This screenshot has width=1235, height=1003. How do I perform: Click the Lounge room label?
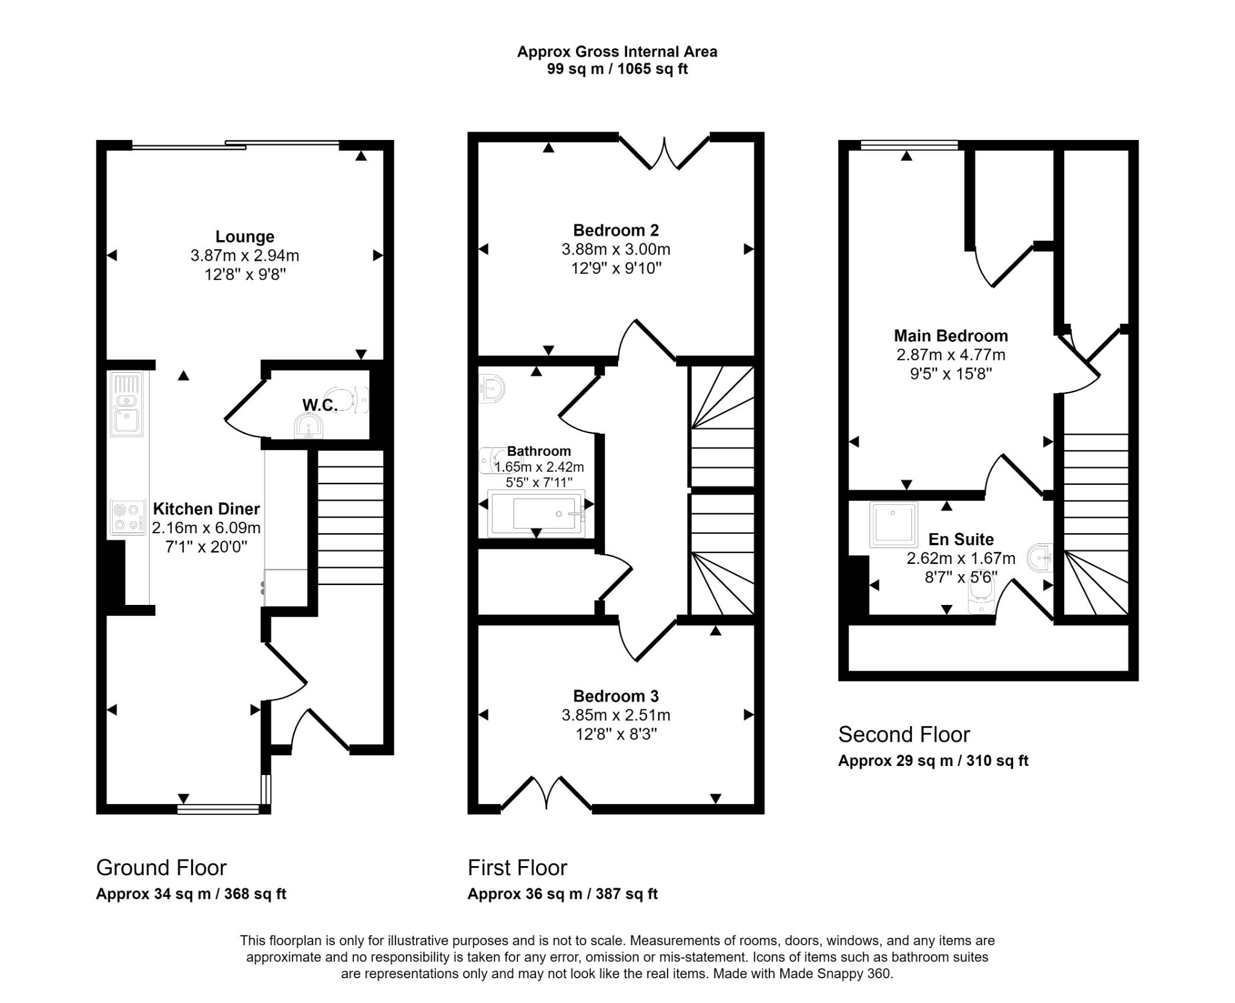(x=245, y=236)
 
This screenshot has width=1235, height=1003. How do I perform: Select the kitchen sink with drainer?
(x=126, y=403)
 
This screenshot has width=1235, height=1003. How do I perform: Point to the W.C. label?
(x=319, y=405)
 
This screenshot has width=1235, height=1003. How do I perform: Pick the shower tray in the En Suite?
(x=893, y=524)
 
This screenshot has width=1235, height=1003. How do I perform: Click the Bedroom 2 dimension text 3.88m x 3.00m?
(x=616, y=249)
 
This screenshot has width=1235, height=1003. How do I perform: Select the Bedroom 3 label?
(x=616, y=696)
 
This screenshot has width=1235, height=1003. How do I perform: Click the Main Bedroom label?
(x=950, y=336)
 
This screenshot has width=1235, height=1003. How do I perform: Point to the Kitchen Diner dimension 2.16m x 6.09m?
(x=206, y=528)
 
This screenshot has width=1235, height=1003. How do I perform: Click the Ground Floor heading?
(x=161, y=867)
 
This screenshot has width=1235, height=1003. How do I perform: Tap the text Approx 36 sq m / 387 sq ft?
(x=562, y=893)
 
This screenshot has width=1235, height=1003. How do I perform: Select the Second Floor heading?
(x=903, y=734)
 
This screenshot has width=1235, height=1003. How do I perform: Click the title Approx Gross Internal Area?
(x=617, y=52)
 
